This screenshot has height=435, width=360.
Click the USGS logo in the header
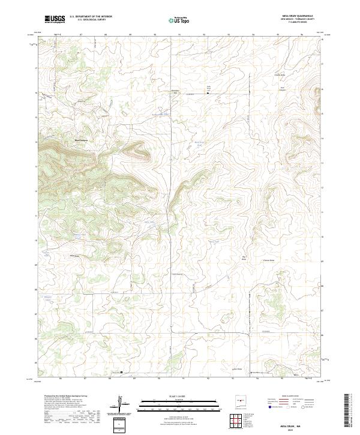(x=55, y=20)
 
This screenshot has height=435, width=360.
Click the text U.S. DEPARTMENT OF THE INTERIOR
(x=91, y=17)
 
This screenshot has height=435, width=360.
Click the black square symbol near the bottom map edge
(x=122, y=372)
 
